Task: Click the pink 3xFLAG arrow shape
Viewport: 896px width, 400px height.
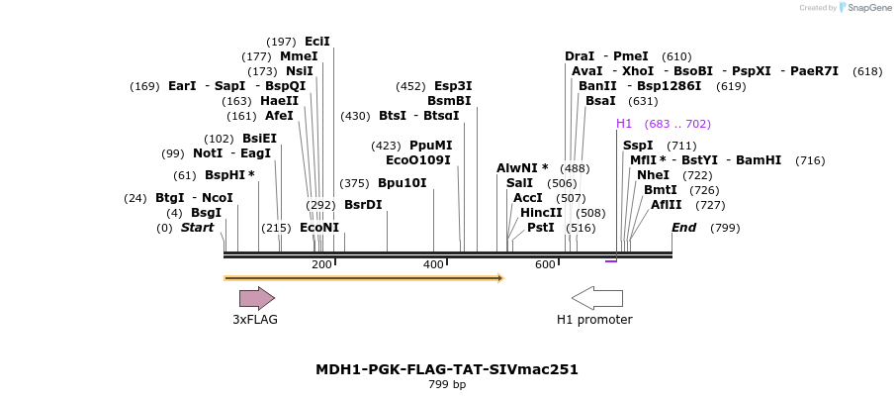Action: (256, 298)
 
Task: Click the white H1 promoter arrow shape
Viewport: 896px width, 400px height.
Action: (597, 298)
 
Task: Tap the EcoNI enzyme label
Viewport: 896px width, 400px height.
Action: (319, 228)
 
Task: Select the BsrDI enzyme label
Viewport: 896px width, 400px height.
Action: (363, 205)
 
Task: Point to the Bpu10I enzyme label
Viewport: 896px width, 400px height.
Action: (403, 183)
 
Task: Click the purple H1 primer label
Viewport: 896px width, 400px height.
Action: (624, 124)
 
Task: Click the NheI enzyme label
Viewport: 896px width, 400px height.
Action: (653, 175)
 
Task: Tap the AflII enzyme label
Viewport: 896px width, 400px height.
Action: (667, 205)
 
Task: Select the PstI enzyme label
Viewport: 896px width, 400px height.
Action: (540, 228)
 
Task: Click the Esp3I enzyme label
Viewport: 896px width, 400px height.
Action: (453, 86)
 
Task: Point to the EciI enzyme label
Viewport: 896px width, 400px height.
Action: (317, 42)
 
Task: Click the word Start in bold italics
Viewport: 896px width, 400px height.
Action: (197, 228)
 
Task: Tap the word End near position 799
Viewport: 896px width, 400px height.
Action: (684, 228)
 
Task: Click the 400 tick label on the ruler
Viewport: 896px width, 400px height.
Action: (433, 264)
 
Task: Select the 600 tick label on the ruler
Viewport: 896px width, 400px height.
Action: (545, 264)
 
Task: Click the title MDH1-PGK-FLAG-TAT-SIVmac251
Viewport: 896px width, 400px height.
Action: (447, 369)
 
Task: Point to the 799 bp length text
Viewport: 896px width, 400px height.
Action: (447, 384)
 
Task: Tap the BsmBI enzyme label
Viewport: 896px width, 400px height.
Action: (449, 101)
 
